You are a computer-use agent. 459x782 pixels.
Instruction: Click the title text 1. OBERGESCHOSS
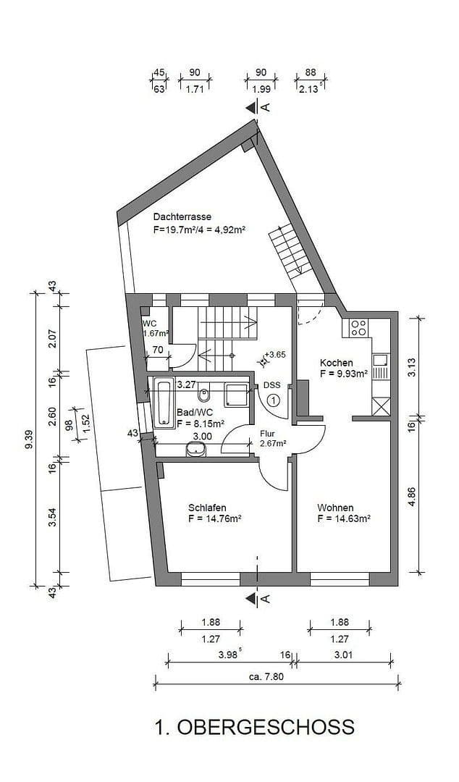(254, 726)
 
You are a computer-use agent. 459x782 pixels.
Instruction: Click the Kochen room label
(337, 363)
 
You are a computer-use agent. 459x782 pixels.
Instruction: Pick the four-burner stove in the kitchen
(358, 328)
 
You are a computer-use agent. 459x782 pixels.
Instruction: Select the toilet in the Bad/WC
(204, 395)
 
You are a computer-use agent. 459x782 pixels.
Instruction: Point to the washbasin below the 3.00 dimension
(195, 450)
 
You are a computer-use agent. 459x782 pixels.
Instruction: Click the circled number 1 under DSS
(273, 399)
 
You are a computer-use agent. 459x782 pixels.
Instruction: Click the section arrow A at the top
(253, 107)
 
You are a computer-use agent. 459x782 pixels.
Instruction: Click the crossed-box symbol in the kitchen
(380, 406)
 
